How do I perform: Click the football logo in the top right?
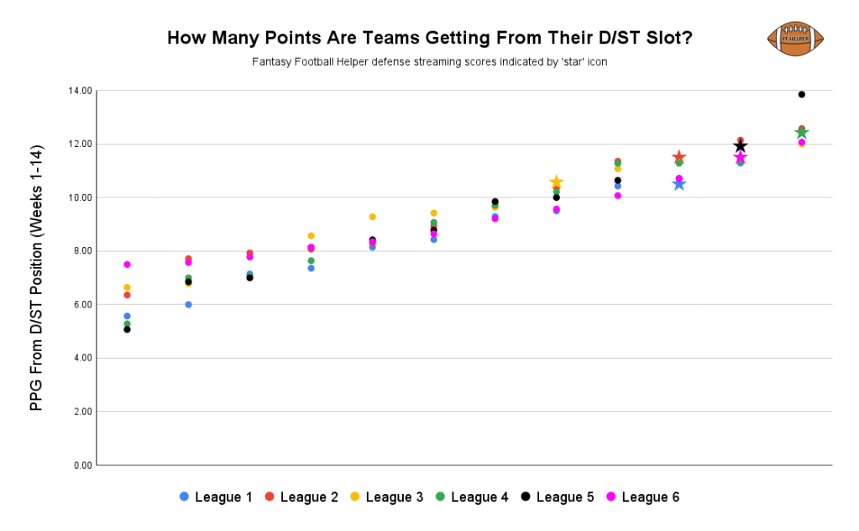click(x=795, y=39)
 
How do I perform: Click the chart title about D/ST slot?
click(x=429, y=38)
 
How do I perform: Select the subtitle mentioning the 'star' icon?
click(x=429, y=62)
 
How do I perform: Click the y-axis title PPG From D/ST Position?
click(x=36, y=278)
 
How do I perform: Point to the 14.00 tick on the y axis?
click(x=81, y=91)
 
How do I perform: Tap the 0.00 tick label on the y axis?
click(x=82, y=465)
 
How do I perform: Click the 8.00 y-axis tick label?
click(x=82, y=251)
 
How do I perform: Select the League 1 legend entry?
click(x=216, y=497)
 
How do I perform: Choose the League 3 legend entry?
click(x=386, y=497)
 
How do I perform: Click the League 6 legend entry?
click(x=642, y=497)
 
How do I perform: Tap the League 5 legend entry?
click(x=557, y=497)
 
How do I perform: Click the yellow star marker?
click(x=556, y=182)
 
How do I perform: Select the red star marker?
click(x=679, y=158)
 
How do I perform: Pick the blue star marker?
click(x=679, y=183)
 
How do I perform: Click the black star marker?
click(x=741, y=145)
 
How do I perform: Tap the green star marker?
click(x=802, y=133)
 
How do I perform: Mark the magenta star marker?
click(x=741, y=157)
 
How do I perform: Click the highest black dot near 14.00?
click(x=802, y=94)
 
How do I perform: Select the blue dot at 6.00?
click(x=188, y=304)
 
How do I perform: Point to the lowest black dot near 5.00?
click(x=127, y=329)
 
